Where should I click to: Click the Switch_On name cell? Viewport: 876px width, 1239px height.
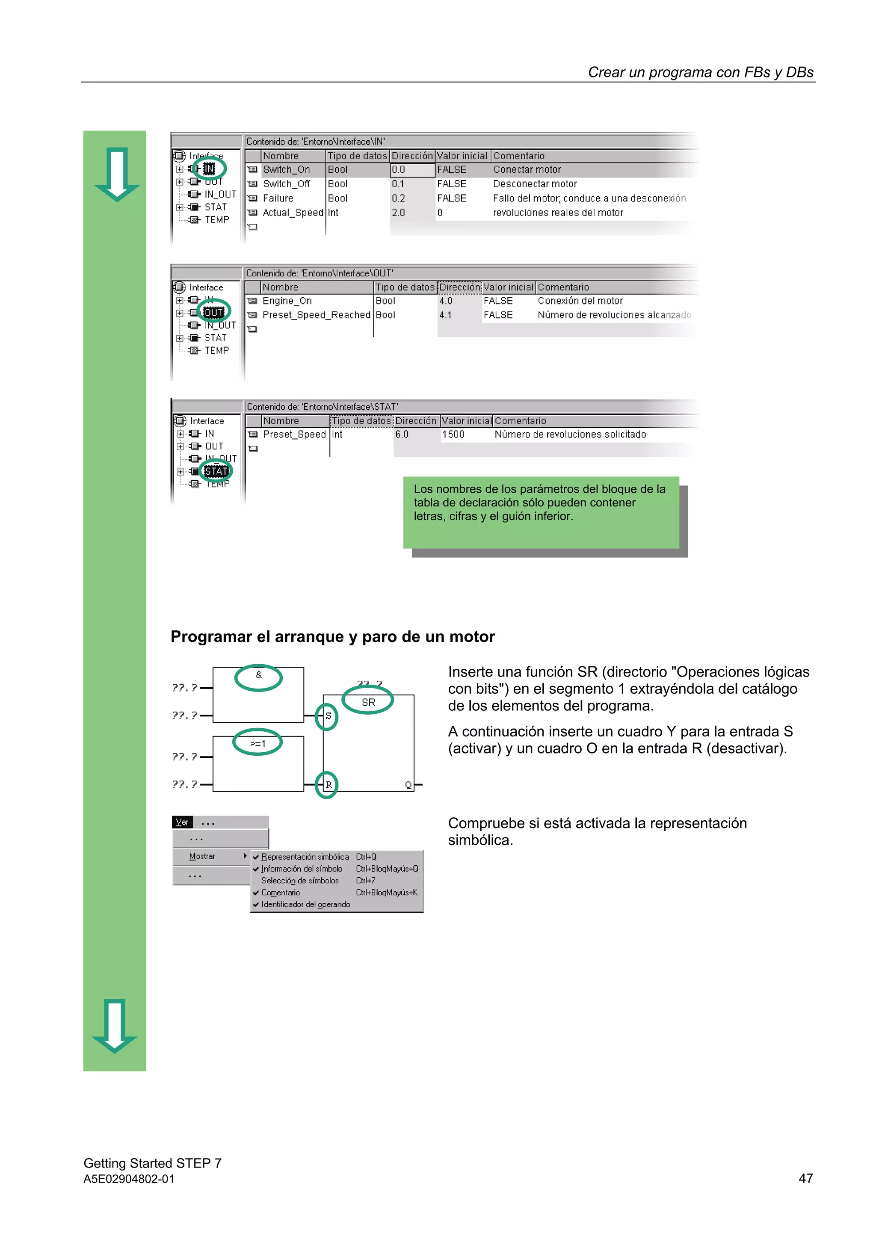(286, 169)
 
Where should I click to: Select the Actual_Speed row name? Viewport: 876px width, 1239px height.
(292, 213)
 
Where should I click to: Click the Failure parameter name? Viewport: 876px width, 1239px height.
(278, 198)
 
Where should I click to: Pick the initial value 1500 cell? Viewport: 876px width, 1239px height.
(453, 435)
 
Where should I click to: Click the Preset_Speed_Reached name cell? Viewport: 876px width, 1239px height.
(316, 315)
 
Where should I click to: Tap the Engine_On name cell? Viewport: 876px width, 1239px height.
(287, 301)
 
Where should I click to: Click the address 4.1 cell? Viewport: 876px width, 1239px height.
(445, 315)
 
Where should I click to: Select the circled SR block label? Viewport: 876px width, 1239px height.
(368, 702)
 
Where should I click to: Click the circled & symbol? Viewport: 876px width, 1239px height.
(258, 675)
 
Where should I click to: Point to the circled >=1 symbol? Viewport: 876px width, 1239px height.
(257, 744)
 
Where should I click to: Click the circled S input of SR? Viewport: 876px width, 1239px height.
(328, 716)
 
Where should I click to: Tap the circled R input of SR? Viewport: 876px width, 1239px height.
(328, 785)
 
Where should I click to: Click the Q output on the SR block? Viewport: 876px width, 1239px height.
(408, 785)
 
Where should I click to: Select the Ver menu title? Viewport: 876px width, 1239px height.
(182, 822)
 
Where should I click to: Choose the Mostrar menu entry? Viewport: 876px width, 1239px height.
(202, 856)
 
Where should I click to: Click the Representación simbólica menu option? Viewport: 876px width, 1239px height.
(305, 857)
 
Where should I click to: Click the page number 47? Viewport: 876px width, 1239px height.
(805, 1179)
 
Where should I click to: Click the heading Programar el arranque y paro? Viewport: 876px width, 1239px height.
(332, 637)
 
